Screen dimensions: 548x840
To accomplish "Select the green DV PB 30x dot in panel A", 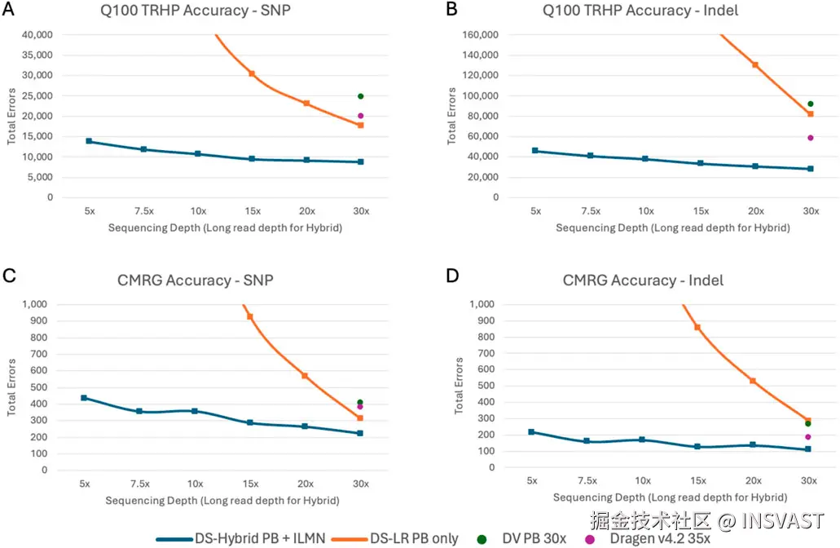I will (x=360, y=96).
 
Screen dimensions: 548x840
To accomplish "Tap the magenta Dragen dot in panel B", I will (x=810, y=138).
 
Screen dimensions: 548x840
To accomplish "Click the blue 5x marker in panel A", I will (x=89, y=141).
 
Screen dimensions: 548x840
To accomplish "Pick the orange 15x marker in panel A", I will (x=252, y=73).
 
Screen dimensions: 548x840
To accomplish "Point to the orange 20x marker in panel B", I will (x=755, y=64).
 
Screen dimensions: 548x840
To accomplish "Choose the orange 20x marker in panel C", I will (x=305, y=375).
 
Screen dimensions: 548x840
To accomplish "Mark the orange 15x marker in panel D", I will (x=697, y=327).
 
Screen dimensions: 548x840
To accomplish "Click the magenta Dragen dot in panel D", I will (x=808, y=437).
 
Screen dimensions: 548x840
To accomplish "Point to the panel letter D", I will (x=453, y=276).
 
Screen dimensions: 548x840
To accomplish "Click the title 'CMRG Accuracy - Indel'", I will (x=643, y=281).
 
